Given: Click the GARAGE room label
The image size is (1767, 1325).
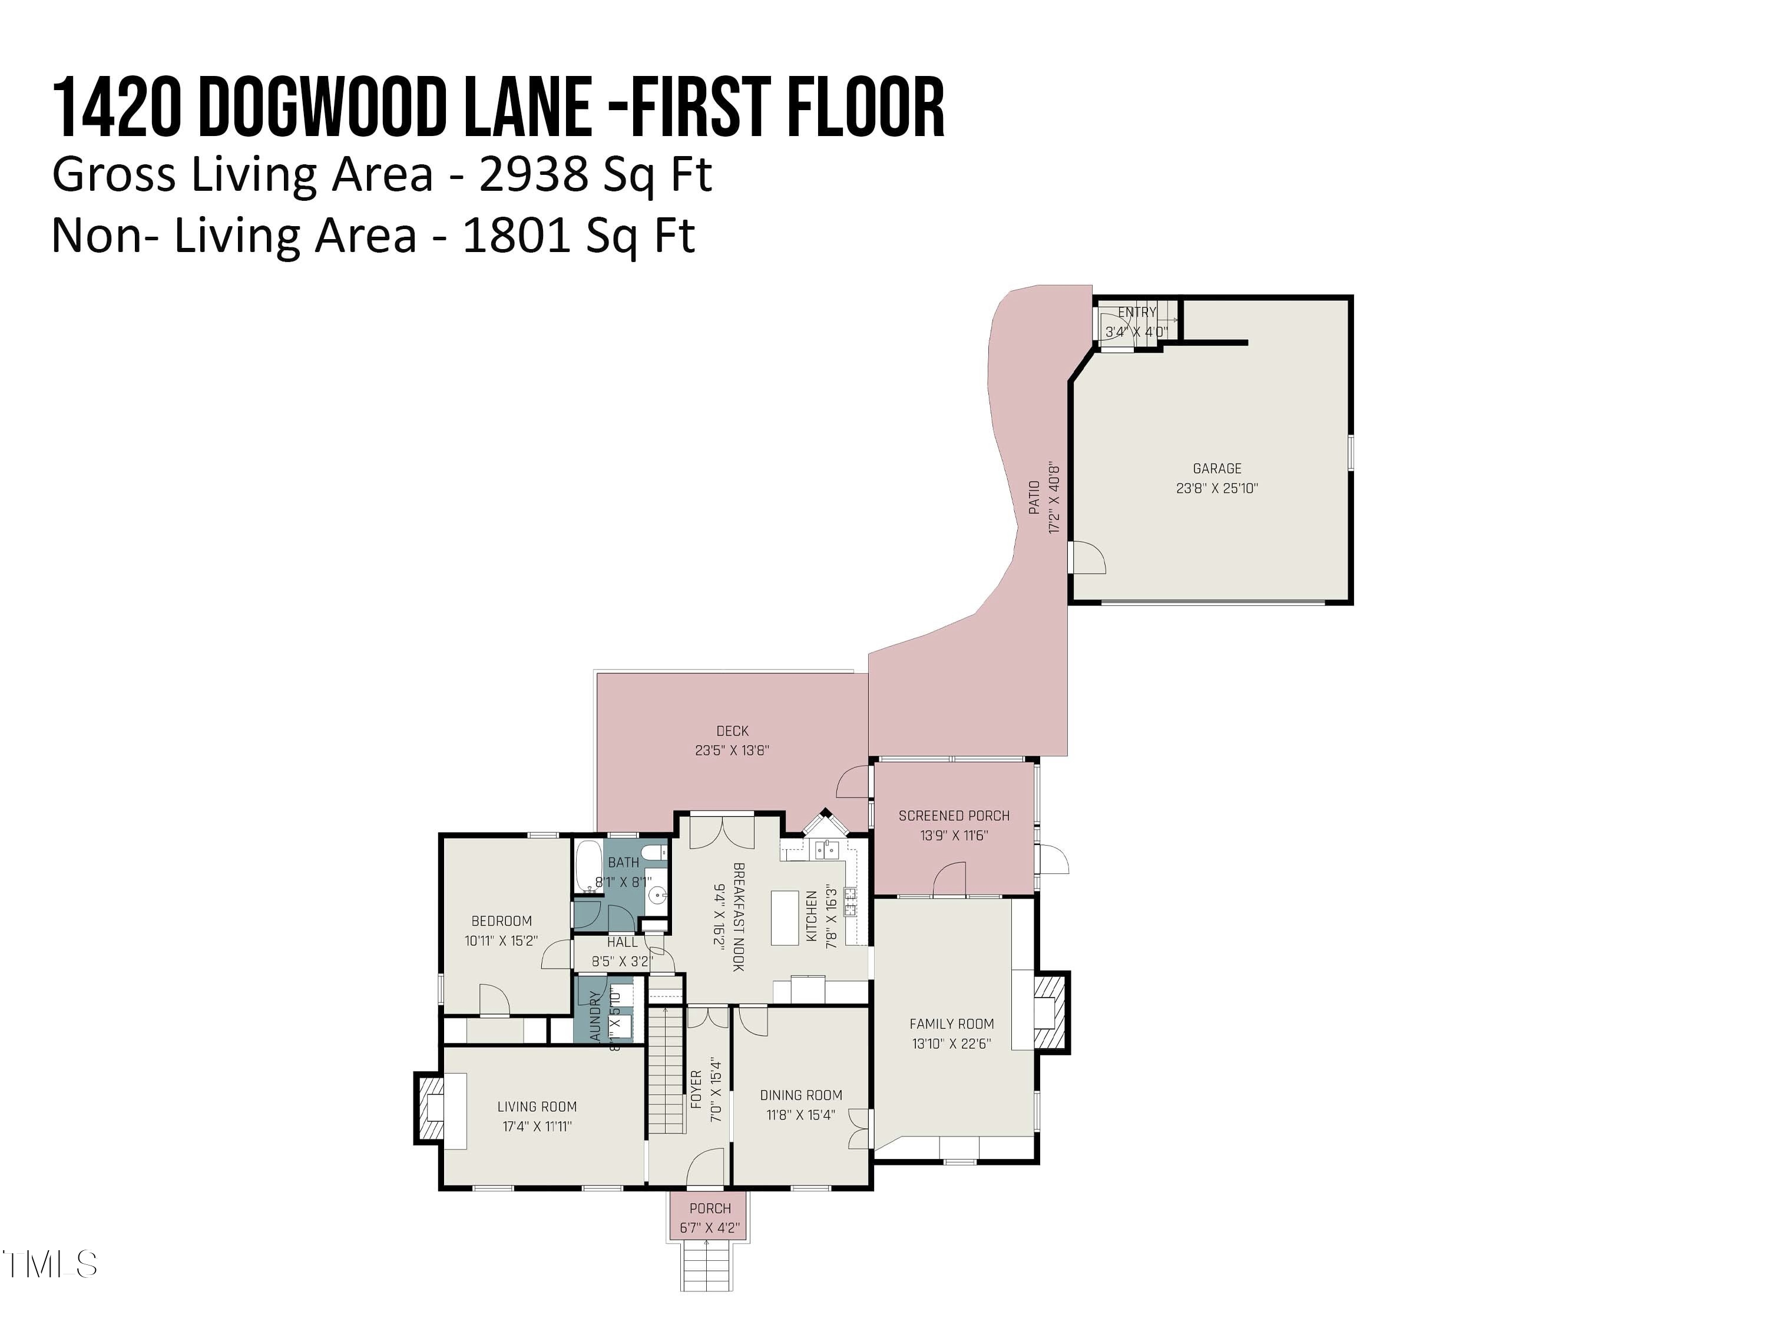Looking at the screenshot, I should [1217, 469].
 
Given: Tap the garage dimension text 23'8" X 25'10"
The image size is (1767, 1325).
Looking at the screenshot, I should [1217, 489].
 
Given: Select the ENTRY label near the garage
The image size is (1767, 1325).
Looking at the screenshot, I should [1137, 312].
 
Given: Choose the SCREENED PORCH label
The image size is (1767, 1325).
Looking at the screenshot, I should [954, 816].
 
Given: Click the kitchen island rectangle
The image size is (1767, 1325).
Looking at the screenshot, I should [785, 919].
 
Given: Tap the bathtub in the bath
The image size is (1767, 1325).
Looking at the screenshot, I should [589, 866].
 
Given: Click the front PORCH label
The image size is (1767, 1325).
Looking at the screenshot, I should [709, 1208].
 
